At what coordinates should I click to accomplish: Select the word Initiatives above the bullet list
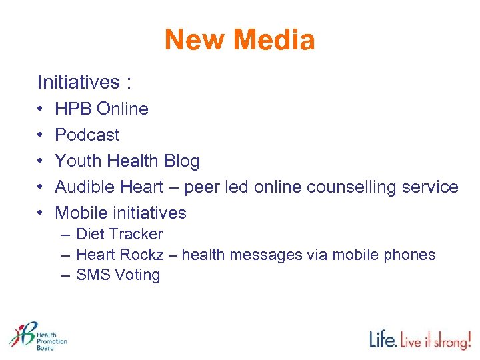[x=76, y=82]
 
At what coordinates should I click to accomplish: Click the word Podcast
[x=87, y=135]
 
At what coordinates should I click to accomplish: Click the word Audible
[x=83, y=187]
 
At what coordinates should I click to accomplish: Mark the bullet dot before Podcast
[x=41, y=135]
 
